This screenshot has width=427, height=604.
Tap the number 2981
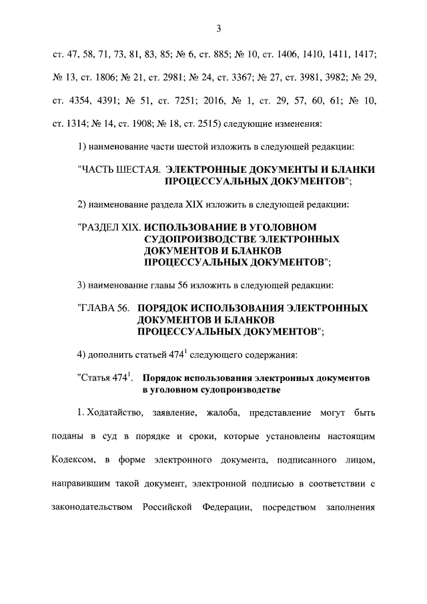click(171, 78)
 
